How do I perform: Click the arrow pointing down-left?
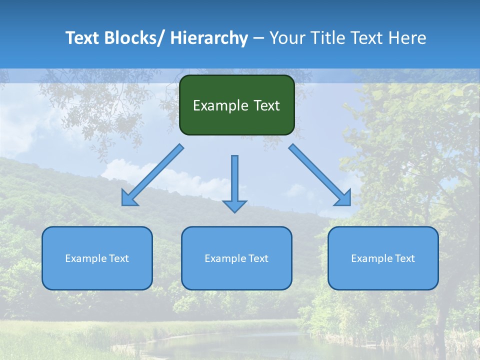click(152, 175)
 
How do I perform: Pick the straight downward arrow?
click(234, 182)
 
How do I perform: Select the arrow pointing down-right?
click(320, 175)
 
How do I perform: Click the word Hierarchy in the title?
click(209, 38)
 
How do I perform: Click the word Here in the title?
click(407, 38)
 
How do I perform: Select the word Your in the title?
click(287, 38)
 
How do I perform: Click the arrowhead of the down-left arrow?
click(128, 198)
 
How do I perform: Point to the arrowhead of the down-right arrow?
click(344, 198)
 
